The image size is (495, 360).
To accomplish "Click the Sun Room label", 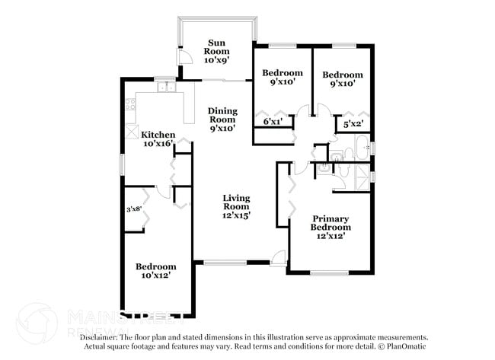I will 216,49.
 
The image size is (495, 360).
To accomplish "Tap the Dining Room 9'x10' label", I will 222,119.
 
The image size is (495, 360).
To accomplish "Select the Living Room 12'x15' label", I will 236,206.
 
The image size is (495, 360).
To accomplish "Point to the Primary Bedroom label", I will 331,227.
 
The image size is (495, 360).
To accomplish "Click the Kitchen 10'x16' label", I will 158,139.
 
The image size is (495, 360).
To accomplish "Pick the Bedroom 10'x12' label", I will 155,271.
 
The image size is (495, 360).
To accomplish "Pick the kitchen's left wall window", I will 120,164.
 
